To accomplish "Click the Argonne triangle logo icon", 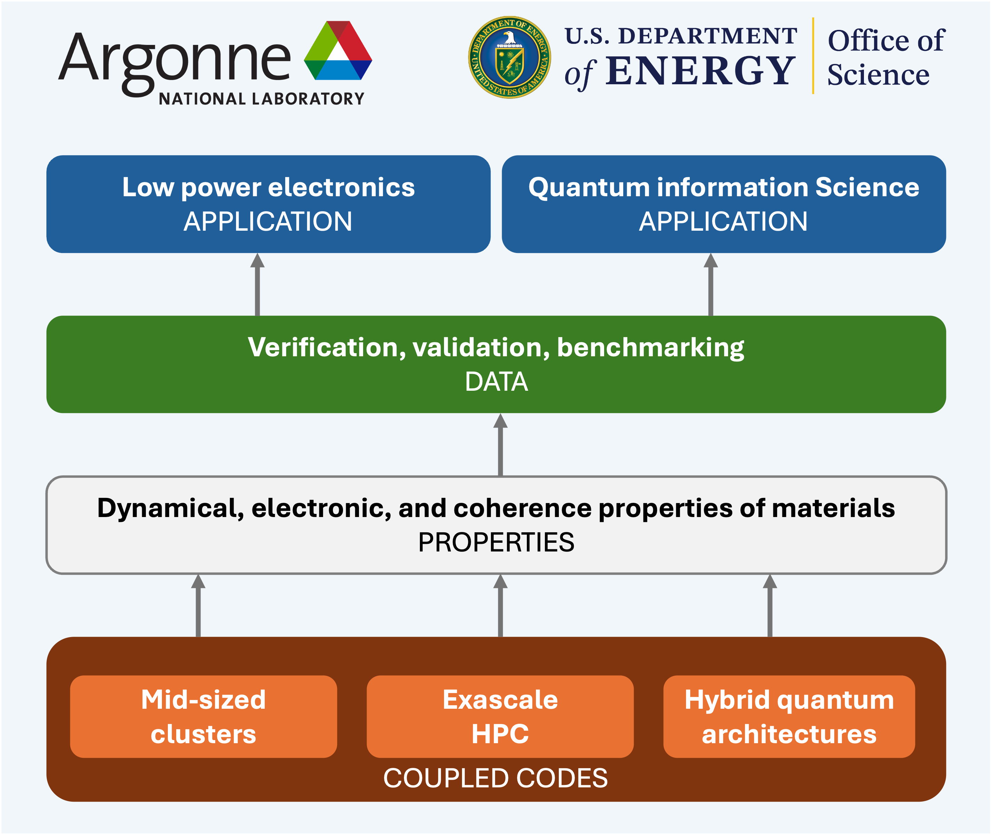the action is pos(338,50).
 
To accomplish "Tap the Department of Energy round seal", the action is pos(509,57).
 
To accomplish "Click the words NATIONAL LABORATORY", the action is pos(262,99).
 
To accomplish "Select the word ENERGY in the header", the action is pos(700,71).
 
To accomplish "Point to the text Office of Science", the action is pos(886,57).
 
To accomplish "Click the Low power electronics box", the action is pos(268,204).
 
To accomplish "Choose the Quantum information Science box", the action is pos(724,204).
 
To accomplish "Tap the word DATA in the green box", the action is pos(496,382).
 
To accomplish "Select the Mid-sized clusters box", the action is pos(203,716).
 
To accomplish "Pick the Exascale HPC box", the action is pos(500,716).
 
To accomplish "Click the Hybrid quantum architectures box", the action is pos(789,716).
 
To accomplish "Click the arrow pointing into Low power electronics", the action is pos(257,284).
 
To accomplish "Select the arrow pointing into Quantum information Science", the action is pos(710,284).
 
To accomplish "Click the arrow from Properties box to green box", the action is pos(500,444).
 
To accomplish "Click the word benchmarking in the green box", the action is pos(650,348).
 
